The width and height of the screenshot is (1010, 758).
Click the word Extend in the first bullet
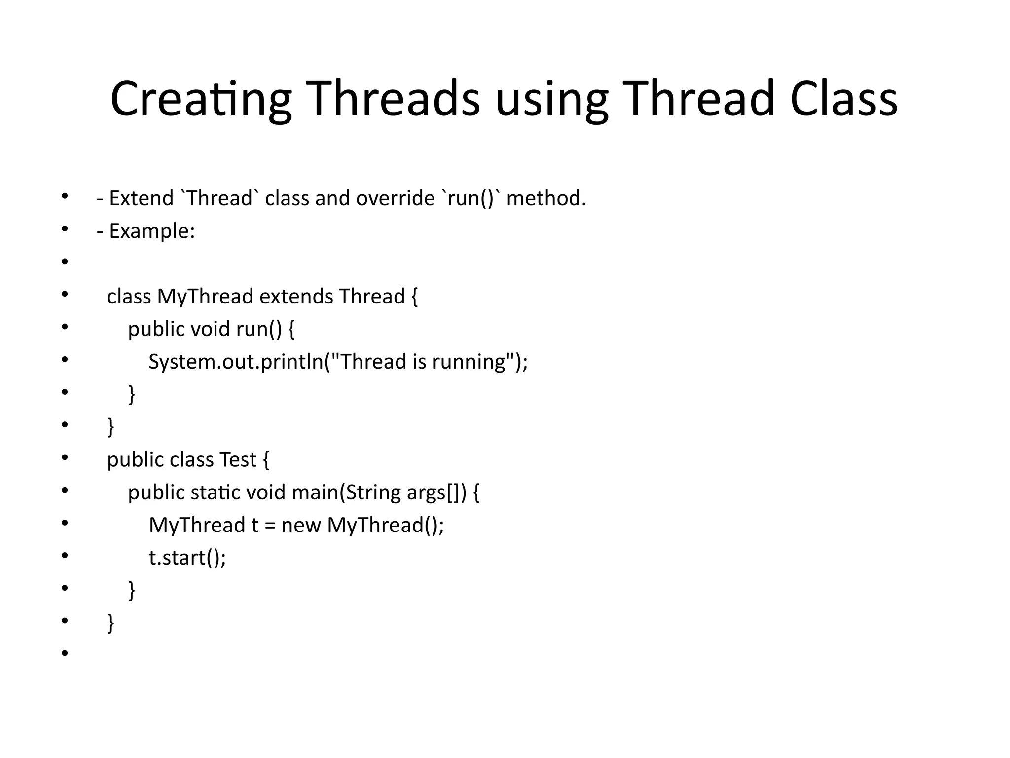click(x=141, y=198)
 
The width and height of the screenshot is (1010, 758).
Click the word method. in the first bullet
click(x=546, y=198)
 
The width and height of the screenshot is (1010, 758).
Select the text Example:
click(x=152, y=231)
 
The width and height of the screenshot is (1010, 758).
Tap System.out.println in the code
click(x=236, y=362)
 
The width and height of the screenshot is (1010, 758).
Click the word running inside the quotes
click(x=469, y=362)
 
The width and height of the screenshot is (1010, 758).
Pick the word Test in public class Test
click(x=238, y=460)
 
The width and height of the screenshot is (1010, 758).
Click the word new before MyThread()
click(x=301, y=525)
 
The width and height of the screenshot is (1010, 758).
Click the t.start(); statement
click(x=187, y=558)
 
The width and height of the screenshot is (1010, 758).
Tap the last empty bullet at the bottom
click(x=65, y=654)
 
